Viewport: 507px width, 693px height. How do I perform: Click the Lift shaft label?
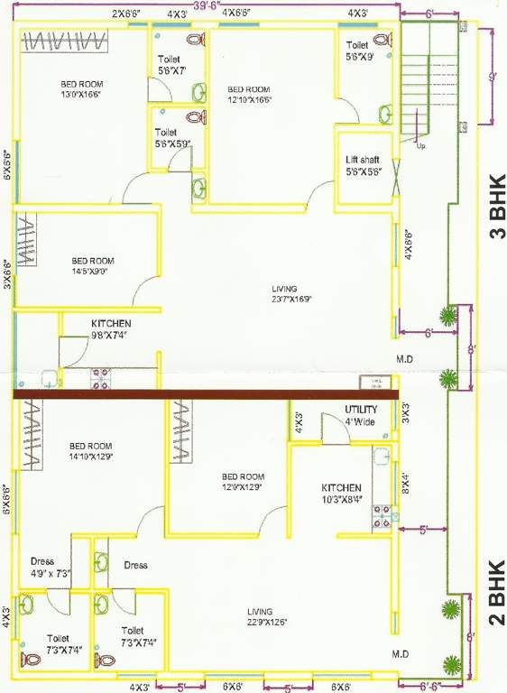[x=363, y=165]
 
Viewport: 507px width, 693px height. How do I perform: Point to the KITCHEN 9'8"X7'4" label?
[x=111, y=328]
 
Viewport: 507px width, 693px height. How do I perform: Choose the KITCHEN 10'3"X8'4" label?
[x=342, y=492]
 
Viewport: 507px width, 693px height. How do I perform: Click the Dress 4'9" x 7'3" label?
[x=50, y=568]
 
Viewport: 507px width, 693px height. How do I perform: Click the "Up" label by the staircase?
[x=420, y=144]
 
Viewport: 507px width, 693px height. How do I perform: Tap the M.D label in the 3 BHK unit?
[x=404, y=359]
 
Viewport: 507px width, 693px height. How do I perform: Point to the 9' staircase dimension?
[x=493, y=78]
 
